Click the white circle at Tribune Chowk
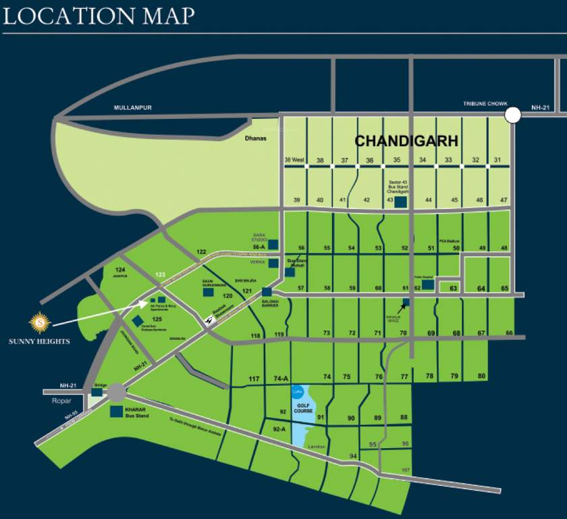pos(513,114)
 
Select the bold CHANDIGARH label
pos(406,141)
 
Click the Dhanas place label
pos(256,139)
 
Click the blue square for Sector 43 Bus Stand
pos(400,201)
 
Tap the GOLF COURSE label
pos(303,407)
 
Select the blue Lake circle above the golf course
pos(297,392)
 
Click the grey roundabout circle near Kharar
pos(115,392)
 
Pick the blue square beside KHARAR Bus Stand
pos(116,411)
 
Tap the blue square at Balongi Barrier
pos(267,292)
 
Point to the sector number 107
pos(405,470)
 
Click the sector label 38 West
pos(294,160)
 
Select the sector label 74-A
pos(281,378)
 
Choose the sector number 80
pos(481,376)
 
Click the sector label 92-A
pos(279,429)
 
